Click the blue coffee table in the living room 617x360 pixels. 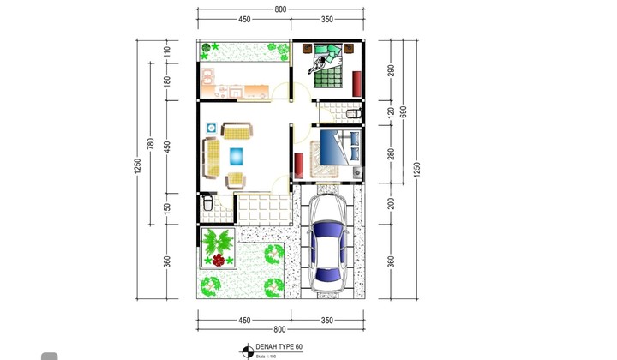(237, 156)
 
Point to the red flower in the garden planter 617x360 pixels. (219, 260)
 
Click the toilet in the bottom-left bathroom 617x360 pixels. (207, 205)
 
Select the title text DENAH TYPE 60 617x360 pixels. (279, 347)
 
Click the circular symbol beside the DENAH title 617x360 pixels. (247, 349)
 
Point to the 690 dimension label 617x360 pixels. (404, 112)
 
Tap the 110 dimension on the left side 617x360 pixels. (168, 51)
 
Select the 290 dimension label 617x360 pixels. (391, 70)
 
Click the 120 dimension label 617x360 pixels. (391, 111)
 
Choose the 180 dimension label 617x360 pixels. (168, 81)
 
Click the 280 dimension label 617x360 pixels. (391, 153)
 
